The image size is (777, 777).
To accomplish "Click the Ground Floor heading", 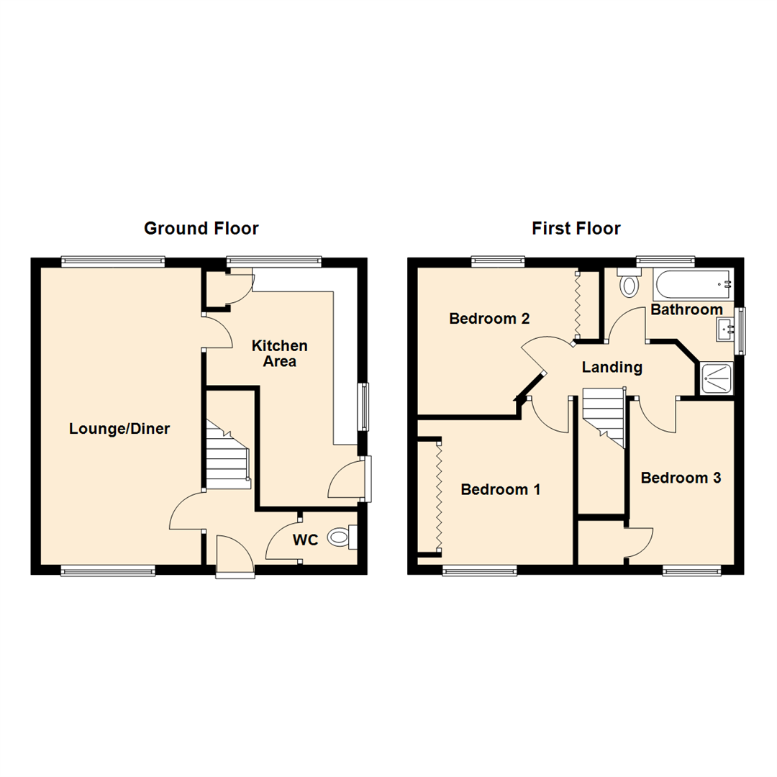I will click(201, 229).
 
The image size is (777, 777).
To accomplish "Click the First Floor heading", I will click(576, 229).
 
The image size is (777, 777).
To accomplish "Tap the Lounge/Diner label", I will click(119, 429).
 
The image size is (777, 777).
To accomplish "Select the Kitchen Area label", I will click(279, 353).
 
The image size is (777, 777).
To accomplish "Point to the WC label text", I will click(305, 540).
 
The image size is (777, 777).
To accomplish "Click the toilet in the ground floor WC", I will click(340, 537).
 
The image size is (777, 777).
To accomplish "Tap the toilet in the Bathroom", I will click(630, 285).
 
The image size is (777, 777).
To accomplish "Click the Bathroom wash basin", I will click(724, 330).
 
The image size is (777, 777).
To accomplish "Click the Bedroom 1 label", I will click(500, 489).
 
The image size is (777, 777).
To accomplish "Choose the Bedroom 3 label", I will click(681, 478).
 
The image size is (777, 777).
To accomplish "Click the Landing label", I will click(612, 367).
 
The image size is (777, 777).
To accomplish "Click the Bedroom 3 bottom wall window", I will click(691, 571).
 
